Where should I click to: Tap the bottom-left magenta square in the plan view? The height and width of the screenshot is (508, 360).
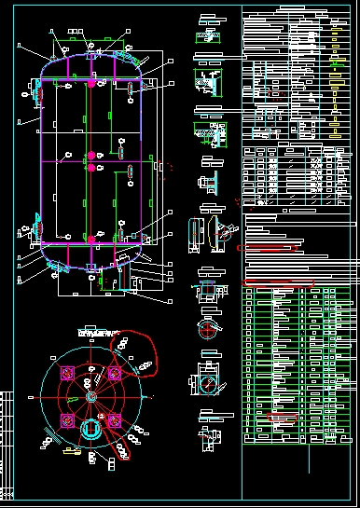66,421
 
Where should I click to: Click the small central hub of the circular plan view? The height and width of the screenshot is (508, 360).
90,396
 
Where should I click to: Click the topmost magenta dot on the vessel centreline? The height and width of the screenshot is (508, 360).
91,83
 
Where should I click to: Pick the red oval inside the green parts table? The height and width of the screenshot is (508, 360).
280,418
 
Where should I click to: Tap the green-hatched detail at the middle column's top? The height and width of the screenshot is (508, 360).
206,37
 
